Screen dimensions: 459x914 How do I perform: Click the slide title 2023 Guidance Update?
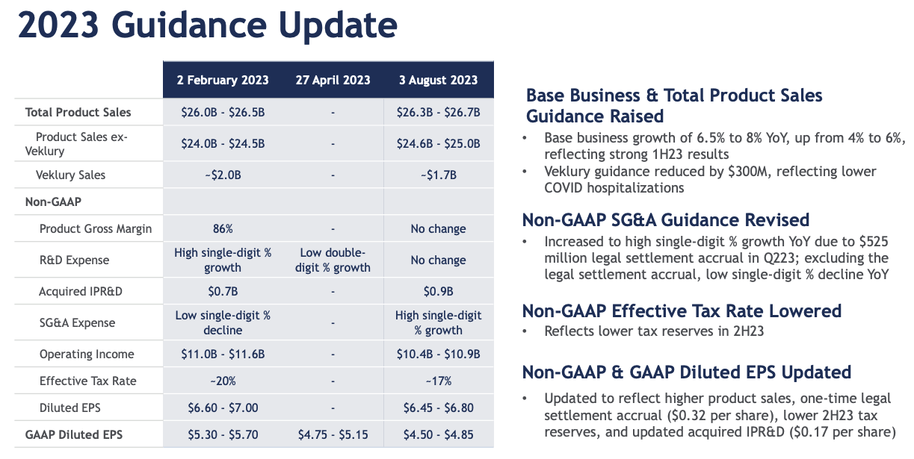pos(207,25)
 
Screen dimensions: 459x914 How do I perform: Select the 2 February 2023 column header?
pos(223,80)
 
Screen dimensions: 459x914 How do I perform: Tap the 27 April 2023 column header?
pos(333,80)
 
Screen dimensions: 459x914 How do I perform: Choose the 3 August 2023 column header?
pos(438,80)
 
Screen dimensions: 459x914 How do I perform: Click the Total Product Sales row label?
pos(78,113)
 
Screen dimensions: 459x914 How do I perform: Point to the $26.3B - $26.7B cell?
pos(438,113)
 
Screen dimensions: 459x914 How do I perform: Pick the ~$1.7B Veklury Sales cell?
pos(438,175)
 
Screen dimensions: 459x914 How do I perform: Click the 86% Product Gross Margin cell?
pos(223,229)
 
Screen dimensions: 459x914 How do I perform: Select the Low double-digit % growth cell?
pos(333,260)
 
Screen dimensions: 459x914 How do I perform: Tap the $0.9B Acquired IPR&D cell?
pos(438,292)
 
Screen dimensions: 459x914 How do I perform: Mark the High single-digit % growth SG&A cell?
pos(438,322)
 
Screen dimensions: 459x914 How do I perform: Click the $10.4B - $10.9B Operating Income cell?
pos(438,355)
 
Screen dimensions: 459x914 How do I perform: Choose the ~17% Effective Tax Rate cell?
pos(438,381)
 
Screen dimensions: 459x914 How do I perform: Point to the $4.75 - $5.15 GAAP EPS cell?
pos(333,435)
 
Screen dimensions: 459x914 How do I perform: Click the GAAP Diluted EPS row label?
pos(73,435)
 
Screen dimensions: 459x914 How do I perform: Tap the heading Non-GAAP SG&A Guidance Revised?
pos(665,220)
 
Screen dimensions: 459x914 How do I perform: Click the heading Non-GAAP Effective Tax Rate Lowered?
pos(682,310)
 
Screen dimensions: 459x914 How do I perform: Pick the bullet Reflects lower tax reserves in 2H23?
pos(654,331)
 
